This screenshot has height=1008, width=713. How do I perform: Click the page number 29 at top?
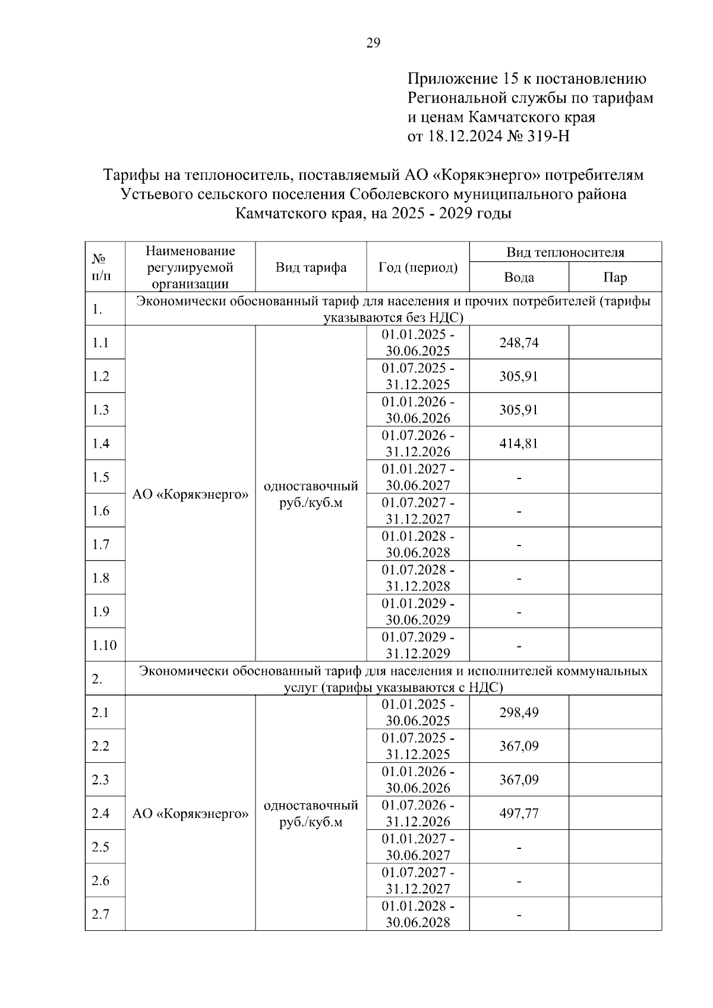[373, 43]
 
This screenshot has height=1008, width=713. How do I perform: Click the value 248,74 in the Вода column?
[519, 343]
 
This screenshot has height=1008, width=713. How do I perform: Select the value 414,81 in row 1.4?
[519, 443]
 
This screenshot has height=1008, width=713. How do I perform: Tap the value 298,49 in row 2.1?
[519, 712]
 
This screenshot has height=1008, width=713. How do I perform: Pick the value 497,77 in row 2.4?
[519, 813]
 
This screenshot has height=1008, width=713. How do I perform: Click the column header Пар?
[615, 277]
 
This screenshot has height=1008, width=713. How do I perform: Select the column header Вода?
[519, 277]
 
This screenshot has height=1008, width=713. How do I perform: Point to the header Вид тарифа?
[311, 267]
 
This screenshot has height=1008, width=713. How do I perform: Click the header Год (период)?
[418, 267]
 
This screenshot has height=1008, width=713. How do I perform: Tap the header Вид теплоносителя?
[565, 252]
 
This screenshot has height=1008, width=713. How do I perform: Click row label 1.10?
[105, 645]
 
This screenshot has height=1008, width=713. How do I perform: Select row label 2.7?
[100, 914]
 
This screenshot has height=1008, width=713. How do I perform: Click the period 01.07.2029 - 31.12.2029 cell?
[418, 645]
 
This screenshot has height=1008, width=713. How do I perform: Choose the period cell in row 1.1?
[418, 343]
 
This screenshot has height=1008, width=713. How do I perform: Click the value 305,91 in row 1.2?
[519, 376]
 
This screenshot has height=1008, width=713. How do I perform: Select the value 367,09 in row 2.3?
[519, 779]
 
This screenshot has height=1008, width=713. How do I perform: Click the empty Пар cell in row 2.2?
[615, 746]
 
